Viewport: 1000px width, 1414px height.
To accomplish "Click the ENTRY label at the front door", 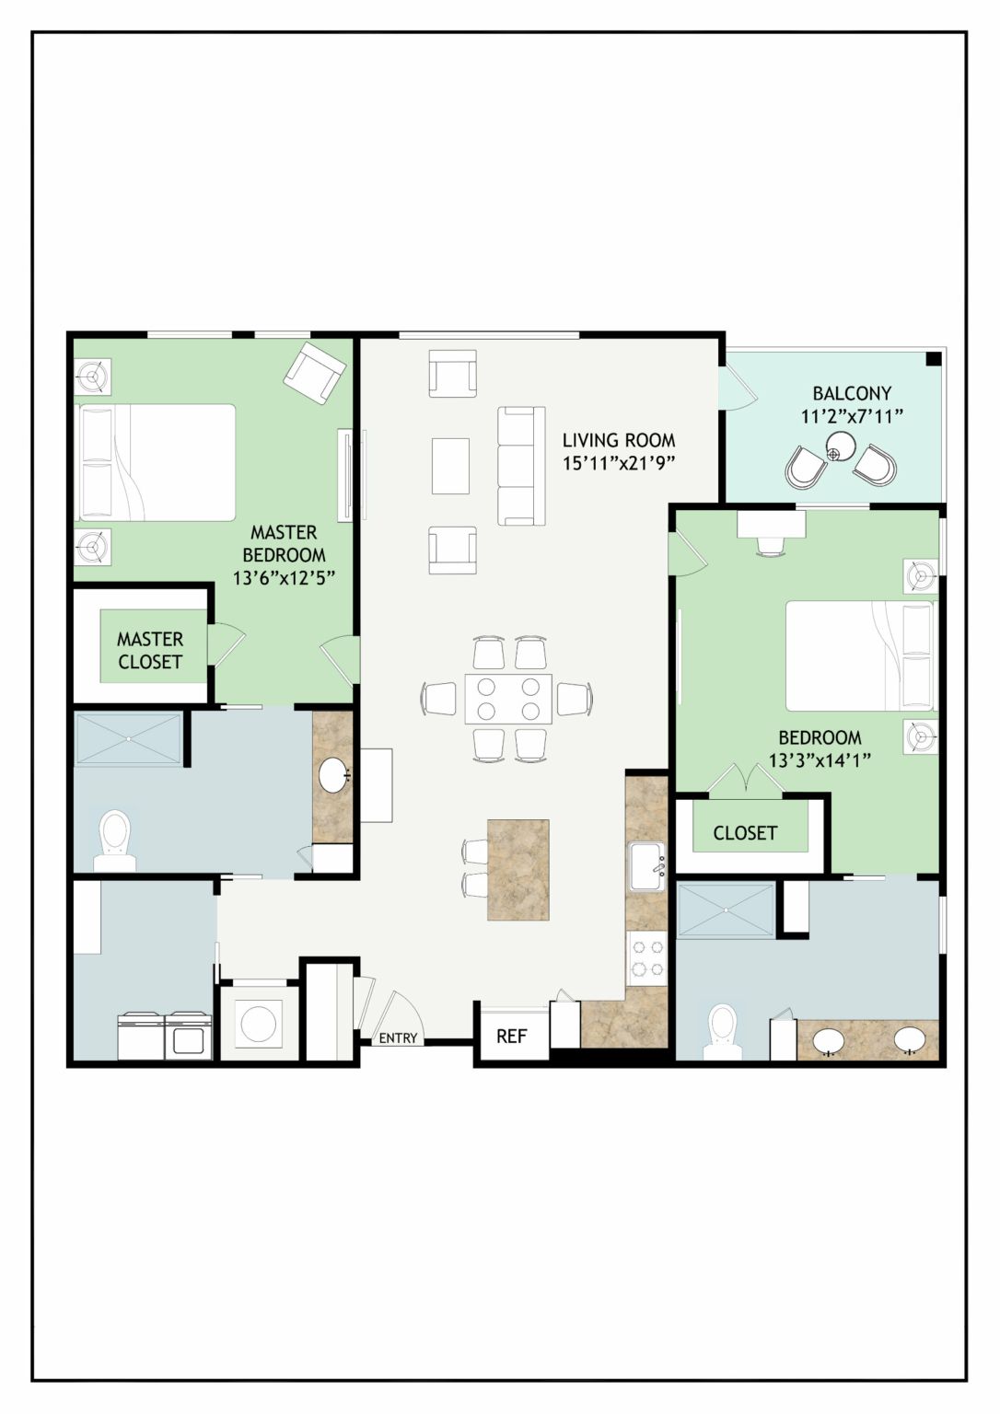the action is [x=398, y=1037].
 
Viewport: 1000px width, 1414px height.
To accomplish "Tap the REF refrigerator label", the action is [x=511, y=1036].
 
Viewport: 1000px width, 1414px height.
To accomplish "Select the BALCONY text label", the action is [x=852, y=393].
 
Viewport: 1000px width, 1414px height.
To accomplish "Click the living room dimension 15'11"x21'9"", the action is [x=619, y=463].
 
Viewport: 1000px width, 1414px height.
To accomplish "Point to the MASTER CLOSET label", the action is [x=149, y=650].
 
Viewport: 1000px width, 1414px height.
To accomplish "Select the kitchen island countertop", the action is [x=517, y=870].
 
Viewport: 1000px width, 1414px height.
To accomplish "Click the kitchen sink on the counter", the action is [x=647, y=867].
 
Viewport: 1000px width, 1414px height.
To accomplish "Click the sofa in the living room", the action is [x=521, y=466].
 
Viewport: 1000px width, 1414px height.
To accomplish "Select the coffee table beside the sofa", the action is [x=451, y=466].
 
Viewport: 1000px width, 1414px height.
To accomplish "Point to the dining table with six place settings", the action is [x=508, y=699].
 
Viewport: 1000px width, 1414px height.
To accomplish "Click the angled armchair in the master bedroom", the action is [x=314, y=373].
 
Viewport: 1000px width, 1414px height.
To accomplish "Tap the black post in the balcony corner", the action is [x=933, y=359].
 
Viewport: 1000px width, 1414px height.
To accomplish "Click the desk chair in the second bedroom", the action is [x=771, y=545].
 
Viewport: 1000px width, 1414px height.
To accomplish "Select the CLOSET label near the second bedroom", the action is [x=744, y=833].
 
